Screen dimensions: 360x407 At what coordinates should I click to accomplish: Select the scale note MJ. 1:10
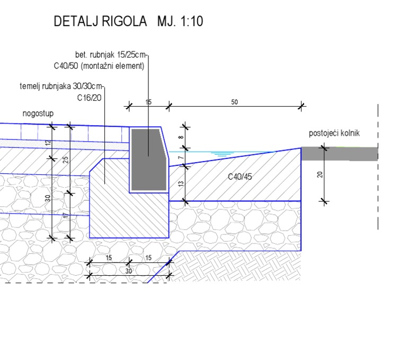[x=180, y=22]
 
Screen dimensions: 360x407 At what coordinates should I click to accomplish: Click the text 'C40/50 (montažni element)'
[x=99, y=66]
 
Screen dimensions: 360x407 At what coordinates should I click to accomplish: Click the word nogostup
[x=38, y=114]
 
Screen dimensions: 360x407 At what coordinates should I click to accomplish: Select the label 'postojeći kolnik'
[x=334, y=133]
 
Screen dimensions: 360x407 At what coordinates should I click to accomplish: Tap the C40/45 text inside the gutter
[x=240, y=177]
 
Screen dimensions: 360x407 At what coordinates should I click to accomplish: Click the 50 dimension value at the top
[x=235, y=102]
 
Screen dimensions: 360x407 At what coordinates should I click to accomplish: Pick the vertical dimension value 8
[x=181, y=138]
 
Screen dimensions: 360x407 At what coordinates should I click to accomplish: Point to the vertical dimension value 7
[x=181, y=158]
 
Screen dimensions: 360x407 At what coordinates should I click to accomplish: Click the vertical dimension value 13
[x=181, y=183]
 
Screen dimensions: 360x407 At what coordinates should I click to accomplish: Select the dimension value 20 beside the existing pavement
[x=321, y=174]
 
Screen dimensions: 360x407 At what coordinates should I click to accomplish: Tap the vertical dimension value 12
[x=48, y=143]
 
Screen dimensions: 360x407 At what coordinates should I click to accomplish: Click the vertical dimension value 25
[x=66, y=159]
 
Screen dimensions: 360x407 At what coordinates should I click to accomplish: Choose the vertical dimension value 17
[x=66, y=216]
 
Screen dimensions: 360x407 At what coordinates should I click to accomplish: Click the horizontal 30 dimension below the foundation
[x=129, y=270]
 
